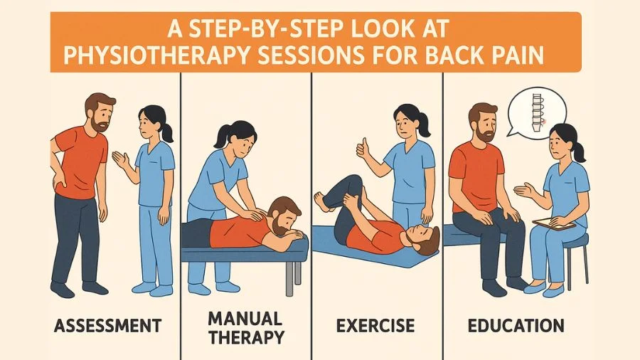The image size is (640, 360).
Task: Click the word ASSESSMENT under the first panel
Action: (x=108, y=326)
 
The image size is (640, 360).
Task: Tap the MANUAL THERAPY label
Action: (x=246, y=328)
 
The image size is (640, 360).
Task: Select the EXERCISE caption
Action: (x=375, y=326)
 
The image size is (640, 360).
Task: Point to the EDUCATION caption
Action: (x=516, y=326)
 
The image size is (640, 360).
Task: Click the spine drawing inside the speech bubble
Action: (x=538, y=112)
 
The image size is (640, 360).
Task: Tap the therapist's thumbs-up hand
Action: (x=363, y=148)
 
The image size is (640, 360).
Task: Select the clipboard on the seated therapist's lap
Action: (x=553, y=223)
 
